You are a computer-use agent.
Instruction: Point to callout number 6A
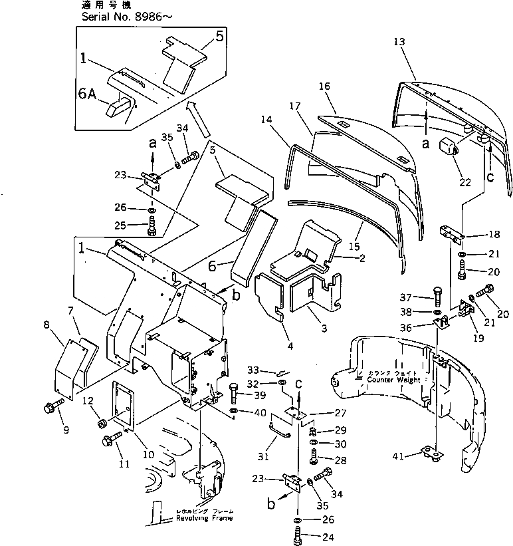click(87, 94)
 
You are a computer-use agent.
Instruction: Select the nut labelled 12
click(103, 422)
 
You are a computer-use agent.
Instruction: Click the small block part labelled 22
click(444, 146)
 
